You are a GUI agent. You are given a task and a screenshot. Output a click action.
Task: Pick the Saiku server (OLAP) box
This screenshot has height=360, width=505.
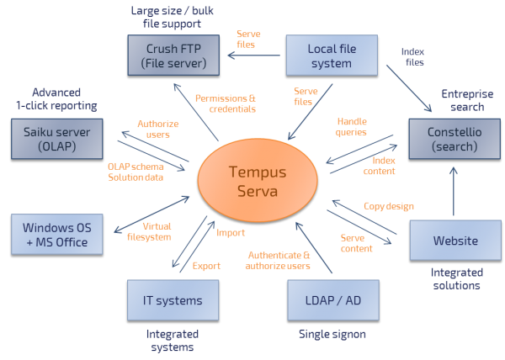[x=56, y=138]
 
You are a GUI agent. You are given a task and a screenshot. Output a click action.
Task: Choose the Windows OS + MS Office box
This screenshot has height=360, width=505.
[x=56, y=234]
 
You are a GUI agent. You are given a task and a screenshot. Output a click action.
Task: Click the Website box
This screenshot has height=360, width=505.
[x=449, y=241]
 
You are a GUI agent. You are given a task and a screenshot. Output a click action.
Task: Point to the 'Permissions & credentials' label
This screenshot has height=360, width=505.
[x=225, y=103]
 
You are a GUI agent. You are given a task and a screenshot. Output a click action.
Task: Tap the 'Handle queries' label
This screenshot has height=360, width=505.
[x=351, y=126]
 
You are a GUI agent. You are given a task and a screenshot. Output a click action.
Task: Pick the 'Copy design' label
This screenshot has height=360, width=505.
[x=387, y=205]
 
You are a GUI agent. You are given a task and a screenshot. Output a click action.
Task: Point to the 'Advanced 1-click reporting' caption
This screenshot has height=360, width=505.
[x=56, y=99]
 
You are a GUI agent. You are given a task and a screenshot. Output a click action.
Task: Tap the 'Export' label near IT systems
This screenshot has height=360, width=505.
[x=206, y=266]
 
